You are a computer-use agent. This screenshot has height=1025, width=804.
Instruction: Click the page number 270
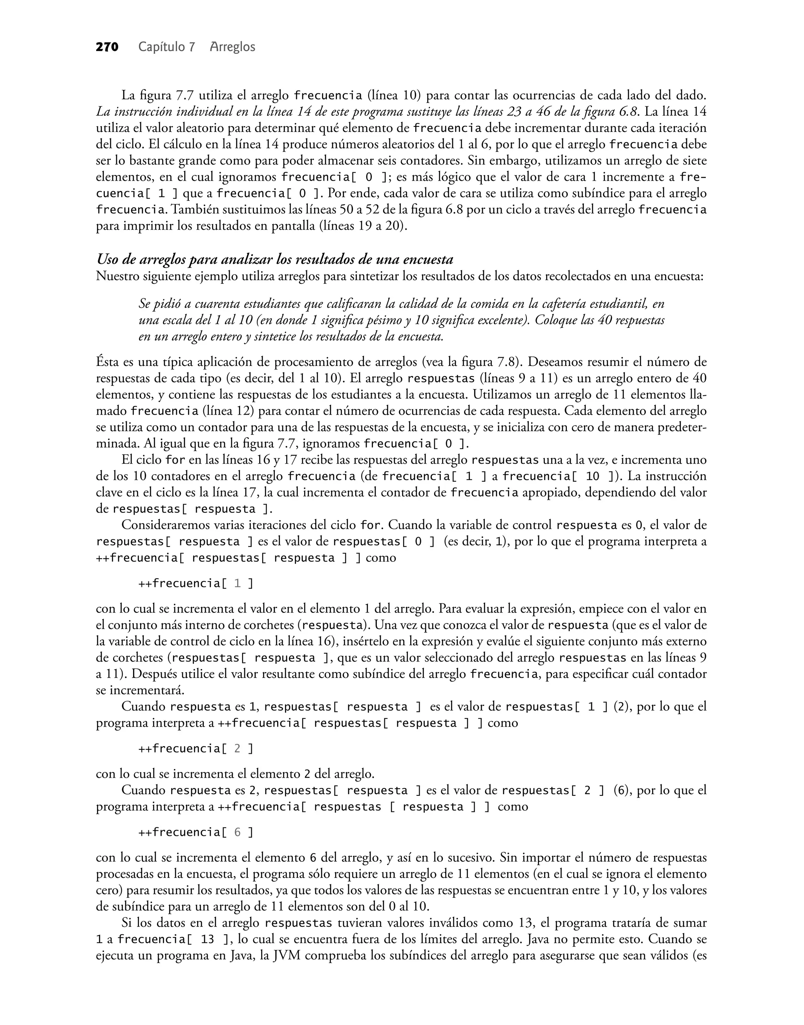107,47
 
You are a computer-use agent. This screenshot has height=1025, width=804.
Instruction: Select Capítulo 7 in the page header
166,47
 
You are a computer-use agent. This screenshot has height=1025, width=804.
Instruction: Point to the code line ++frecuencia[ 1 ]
196,584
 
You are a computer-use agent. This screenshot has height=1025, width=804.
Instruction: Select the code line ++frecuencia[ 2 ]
196,748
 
